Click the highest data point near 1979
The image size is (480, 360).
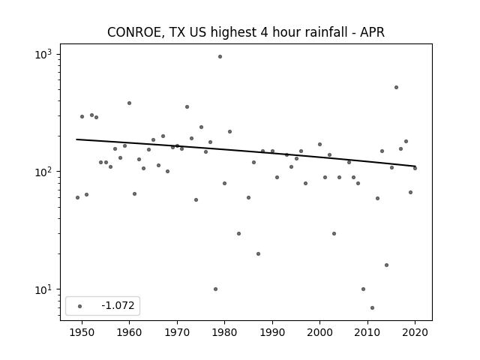220,57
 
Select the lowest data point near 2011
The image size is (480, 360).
372,308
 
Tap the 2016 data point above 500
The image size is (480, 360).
396,88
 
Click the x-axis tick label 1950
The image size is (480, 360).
82,332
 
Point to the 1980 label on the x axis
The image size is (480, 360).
224,332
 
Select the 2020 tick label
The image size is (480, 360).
415,332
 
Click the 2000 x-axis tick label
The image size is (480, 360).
319,332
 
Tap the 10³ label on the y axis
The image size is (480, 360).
43,55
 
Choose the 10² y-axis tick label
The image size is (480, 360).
43,172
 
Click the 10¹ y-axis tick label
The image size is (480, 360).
43,289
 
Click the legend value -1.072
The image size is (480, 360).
118,305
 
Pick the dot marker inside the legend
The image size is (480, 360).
79,307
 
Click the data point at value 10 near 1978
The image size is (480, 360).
215,289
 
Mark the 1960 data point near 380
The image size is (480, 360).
129,103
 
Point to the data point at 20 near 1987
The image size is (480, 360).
258,253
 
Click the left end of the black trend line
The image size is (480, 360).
76,139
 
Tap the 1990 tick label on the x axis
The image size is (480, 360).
272,332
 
